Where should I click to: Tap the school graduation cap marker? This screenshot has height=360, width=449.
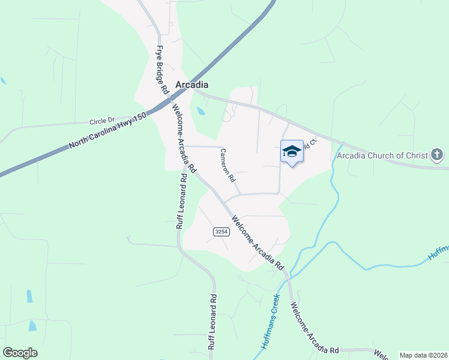(x=292, y=151)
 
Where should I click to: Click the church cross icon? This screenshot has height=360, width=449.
(x=437, y=155)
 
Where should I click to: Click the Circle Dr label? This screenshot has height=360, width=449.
(x=101, y=121)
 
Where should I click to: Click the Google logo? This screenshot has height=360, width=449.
(x=20, y=353)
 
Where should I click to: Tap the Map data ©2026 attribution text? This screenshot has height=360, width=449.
(x=423, y=355)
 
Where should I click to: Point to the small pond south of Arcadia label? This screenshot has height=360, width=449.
(x=200, y=111)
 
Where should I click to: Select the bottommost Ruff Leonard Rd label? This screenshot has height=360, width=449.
(x=211, y=322)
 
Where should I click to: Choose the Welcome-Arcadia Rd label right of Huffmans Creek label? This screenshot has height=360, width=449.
(x=313, y=329)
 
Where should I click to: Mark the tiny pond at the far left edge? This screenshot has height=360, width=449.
(x=4, y=80)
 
